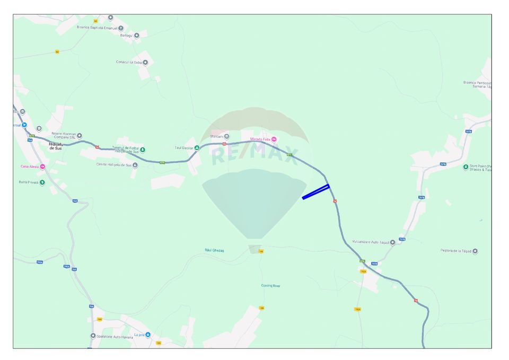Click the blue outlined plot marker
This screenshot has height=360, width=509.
click(x=316, y=191)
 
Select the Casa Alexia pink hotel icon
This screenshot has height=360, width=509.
click(x=42, y=166)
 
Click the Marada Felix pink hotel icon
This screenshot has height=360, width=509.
click(x=274, y=139)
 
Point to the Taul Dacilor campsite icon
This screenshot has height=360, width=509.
click(x=197, y=147)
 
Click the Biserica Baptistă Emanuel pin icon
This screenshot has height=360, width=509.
click(x=121, y=28)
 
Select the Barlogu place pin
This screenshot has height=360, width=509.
click(x=137, y=36)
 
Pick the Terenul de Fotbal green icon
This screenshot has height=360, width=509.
click(x=143, y=150)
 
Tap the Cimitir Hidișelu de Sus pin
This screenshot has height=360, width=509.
click(x=135, y=165)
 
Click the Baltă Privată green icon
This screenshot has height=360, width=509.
click(x=42, y=182)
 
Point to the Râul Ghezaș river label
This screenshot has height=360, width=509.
click(x=214, y=250)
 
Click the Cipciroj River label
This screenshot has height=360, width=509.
click(x=270, y=286)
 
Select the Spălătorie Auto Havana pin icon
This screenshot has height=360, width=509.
click(x=93, y=336)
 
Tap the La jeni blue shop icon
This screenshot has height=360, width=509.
click(x=148, y=335)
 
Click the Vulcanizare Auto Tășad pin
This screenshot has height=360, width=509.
click(x=393, y=243)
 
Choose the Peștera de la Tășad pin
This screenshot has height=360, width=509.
click(x=475, y=251)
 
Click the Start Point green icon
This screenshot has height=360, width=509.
click(x=466, y=167)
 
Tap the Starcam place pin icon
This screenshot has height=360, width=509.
click(x=227, y=136)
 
